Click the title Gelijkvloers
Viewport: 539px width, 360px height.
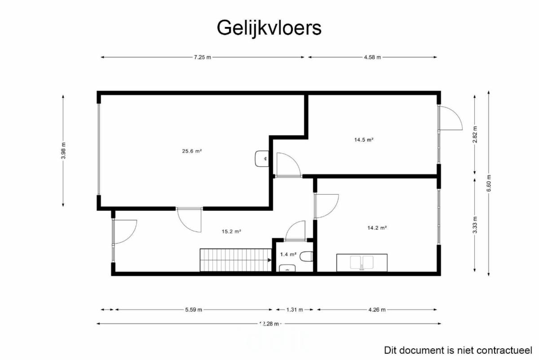click(x=269, y=28)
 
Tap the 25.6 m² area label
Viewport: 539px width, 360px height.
click(x=192, y=151)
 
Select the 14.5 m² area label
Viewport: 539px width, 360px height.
click(x=363, y=140)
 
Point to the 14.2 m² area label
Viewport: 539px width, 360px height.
click(x=377, y=228)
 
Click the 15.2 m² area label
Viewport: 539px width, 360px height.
click(x=231, y=231)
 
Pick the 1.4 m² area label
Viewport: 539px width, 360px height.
click(x=288, y=254)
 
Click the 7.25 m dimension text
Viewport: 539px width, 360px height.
click(x=203, y=58)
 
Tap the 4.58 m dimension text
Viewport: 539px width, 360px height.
click(x=372, y=58)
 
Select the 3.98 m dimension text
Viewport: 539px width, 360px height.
click(x=63, y=151)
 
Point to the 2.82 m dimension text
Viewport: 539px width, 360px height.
click(x=475, y=134)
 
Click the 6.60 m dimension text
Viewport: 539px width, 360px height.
click(x=489, y=183)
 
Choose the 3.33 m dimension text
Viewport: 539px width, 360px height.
click(x=475, y=225)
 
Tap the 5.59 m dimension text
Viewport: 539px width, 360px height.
click(x=194, y=310)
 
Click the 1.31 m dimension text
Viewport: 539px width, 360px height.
click(x=295, y=310)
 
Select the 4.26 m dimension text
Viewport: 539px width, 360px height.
click(x=377, y=310)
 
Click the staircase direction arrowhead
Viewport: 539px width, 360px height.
click(x=269, y=260)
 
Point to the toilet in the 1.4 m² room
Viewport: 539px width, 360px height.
click(x=306, y=256)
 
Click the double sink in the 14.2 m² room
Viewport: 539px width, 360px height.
click(x=362, y=263)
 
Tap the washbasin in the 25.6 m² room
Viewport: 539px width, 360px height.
click(x=262, y=159)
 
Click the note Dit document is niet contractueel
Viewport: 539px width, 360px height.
click(x=458, y=351)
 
